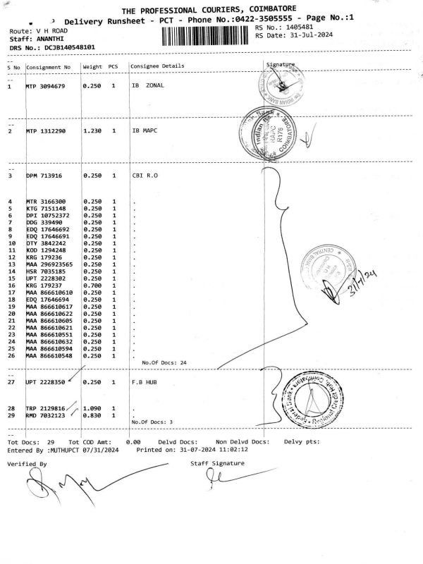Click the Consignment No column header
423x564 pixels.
coord(49,67)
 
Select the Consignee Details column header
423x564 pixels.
coord(157,66)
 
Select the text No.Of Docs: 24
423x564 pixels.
coord(164,362)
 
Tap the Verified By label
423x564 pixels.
coord(27,464)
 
